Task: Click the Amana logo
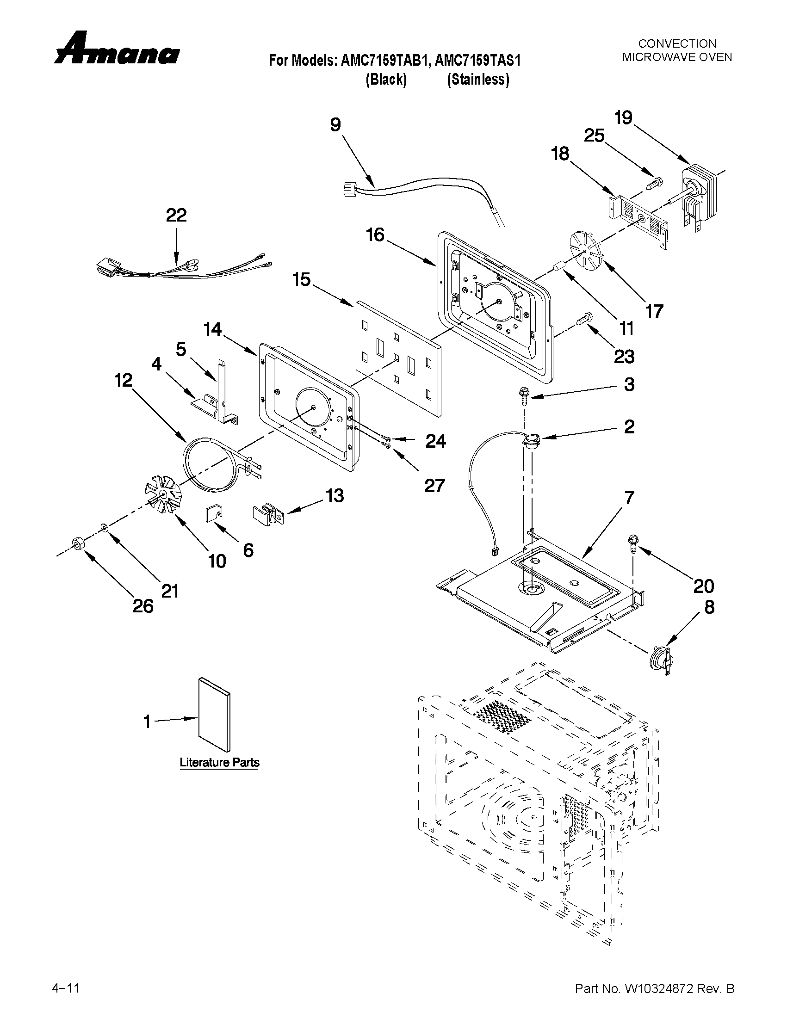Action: click(x=117, y=49)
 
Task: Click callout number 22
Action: click(x=176, y=216)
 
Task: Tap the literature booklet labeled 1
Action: click(x=214, y=715)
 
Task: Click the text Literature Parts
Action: click(x=219, y=763)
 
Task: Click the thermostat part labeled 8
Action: click(x=661, y=658)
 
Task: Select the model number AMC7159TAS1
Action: click(x=477, y=61)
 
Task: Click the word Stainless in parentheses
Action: click(x=478, y=80)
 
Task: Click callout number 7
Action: click(x=629, y=498)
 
